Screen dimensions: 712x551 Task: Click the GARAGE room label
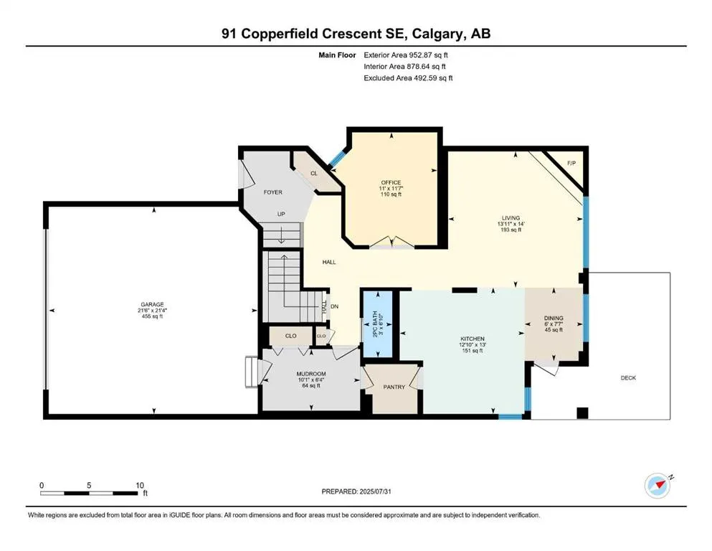[152, 304]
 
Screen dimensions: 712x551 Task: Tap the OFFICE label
[391, 183]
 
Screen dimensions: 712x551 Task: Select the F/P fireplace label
[571, 163]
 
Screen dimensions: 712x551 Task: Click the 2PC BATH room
[378, 324]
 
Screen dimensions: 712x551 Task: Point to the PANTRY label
[394, 387]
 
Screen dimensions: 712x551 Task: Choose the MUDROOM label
[311, 374]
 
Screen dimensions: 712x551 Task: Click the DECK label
[628, 378]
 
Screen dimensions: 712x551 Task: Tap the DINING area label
[554, 318]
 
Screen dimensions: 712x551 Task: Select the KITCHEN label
[473, 339]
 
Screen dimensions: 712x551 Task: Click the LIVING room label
[511, 218]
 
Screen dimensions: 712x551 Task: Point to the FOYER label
[273, 192]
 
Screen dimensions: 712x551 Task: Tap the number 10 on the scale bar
[140, 485]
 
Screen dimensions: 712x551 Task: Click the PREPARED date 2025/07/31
[375, 491]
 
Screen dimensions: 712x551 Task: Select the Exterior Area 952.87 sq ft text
[406, 55]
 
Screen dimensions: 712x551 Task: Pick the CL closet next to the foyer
[314, 174]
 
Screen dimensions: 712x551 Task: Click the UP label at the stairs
[281, 214]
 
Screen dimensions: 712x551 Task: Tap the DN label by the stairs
[335, 306]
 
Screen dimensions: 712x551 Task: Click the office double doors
[391, 242]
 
